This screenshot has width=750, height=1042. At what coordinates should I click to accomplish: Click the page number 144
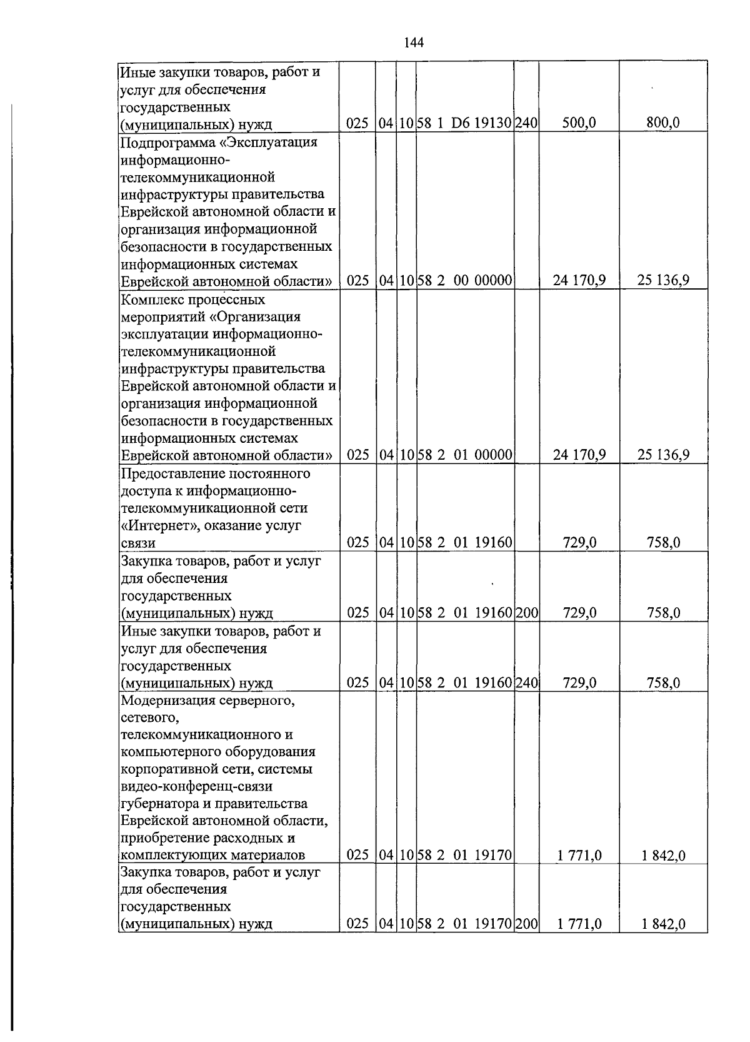414,43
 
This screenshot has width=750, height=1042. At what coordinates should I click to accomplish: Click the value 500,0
579,123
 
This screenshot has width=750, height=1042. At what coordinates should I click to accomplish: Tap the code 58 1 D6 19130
465,123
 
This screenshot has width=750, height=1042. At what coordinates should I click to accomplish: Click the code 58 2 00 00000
465,281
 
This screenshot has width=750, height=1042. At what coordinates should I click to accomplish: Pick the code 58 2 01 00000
465,455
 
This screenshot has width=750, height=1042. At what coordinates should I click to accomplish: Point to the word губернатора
160,804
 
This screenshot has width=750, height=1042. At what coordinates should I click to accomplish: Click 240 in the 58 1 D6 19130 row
526,123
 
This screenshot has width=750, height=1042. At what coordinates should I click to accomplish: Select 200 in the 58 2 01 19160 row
526,613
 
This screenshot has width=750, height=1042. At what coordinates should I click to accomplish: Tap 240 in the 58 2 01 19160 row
526,683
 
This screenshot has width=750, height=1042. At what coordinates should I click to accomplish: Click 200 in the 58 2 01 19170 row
526,923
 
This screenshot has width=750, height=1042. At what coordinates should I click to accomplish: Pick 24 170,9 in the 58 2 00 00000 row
579,281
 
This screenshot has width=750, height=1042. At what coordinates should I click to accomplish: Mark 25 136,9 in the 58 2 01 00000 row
663,455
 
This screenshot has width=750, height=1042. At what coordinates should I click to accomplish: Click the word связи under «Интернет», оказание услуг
137,543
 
